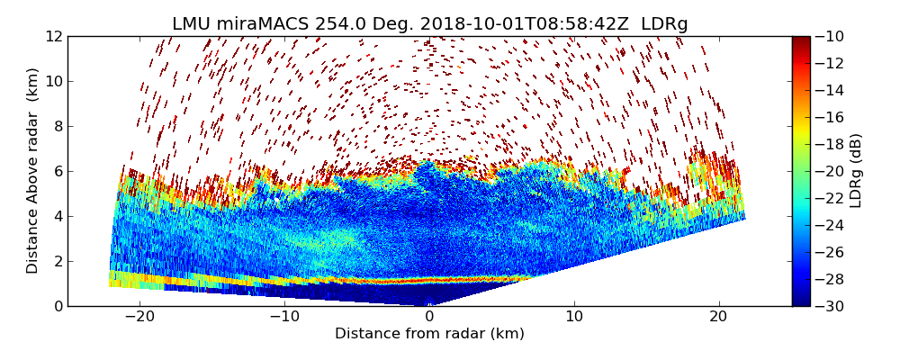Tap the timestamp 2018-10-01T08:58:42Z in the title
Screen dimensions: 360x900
pyautogui.click(x=535, y=24)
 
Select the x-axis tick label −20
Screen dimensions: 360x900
pyautogui.click(x=139, y=318)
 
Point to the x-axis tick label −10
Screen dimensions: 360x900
pyautogui.click(x=284, y=318)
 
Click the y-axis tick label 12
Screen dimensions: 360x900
pyautogui.click(x=53, y=37)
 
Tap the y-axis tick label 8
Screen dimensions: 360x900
pyautogui.click(x=57, y=127)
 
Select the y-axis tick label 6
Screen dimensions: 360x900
pyautogui.click(x=57, y=172)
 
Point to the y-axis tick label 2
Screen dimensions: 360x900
pyautogui.click(x=57, y=262)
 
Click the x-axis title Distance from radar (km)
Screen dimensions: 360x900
pyautogui.click(x=429, y=334)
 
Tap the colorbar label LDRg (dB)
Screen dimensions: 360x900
pyautogui.click(x=856, y=171)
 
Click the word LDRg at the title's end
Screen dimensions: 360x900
pyautogui.click(x=664, y=24)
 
